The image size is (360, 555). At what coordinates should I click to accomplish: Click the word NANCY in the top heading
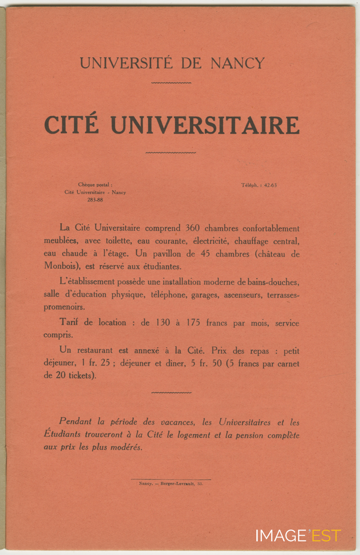(238, 63)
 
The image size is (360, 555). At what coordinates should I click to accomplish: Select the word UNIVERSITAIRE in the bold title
(205, 124)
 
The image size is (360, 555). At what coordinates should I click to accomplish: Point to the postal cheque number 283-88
(95, 200)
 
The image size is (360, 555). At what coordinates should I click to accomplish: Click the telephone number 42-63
(270, 185)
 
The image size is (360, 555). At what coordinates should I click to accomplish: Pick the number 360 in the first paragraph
(192, 228)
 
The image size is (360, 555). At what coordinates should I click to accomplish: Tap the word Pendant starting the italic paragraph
(76, 422)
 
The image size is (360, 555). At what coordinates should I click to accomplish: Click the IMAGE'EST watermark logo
(298, 536)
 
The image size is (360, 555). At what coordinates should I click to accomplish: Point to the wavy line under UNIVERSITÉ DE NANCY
(171, 83)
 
